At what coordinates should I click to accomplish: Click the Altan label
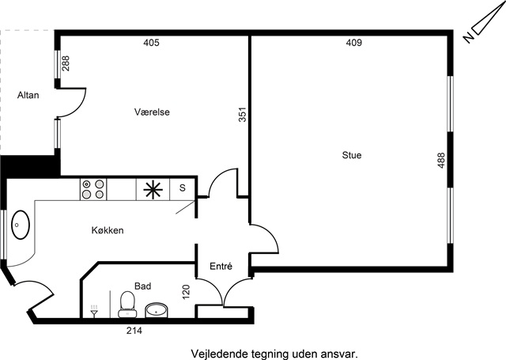(28, 95)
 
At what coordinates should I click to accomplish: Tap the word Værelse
(152, 112)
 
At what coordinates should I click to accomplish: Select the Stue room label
(352, 155)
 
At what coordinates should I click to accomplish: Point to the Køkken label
(108, 230)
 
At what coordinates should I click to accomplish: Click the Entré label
(221, 267)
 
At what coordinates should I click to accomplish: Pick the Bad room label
(142, 286)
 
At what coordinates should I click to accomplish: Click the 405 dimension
(151, 43)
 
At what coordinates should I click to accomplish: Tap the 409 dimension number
(354, 43)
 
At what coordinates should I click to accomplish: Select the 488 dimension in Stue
(441, 160)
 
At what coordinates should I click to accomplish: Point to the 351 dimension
(243, 114)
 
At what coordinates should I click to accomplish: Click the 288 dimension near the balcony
(66, 63)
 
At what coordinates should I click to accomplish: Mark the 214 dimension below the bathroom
(134, 331)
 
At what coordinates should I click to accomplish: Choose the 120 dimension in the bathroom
(187, 291)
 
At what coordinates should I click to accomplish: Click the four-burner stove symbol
(93, 189)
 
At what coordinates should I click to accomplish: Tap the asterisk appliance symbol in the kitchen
(153, 190)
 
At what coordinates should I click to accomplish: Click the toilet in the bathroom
(127, 305)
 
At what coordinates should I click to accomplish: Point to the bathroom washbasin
(157, 311)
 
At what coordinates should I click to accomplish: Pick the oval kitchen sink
(21, 225)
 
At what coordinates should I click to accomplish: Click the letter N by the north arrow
(468, 38)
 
